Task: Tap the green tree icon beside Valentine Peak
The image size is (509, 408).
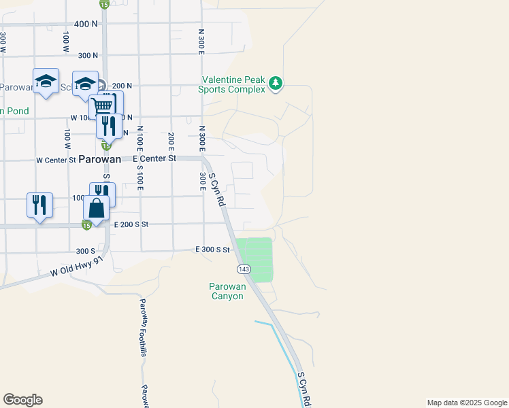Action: [x=275, y=83]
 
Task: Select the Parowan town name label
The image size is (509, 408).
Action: [x=99, y=158]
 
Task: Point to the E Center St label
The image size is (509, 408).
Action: [x=154, y=158]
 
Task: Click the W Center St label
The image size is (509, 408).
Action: [x=56, y=160]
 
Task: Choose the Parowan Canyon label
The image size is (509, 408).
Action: [x=226, y=291]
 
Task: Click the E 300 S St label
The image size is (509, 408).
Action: [x=213, y=250]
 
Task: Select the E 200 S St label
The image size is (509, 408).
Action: [x=131, y=224]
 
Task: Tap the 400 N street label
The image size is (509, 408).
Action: [x=86, y=24]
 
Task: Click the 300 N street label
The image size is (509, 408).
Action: [x=88, y=55]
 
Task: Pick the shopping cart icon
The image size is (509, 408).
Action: [x=102, y=106]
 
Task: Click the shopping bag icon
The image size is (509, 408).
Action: [x=97, y=207]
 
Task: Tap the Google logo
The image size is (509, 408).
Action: [x=22, y=400]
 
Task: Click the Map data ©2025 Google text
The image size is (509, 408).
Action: [x=466, y=403]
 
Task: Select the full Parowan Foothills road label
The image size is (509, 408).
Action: [x=143, y=327]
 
